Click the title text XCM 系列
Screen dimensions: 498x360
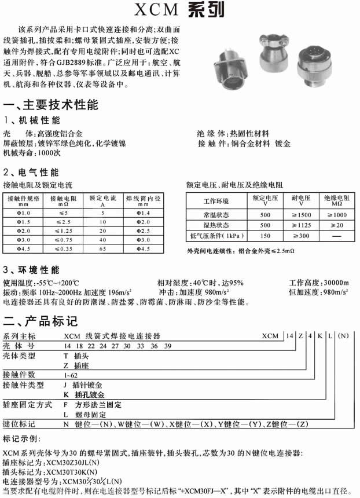pyautogui.click(x=179, y=10)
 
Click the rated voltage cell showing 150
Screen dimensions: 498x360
pyautogui.click(x=265, y=236)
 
